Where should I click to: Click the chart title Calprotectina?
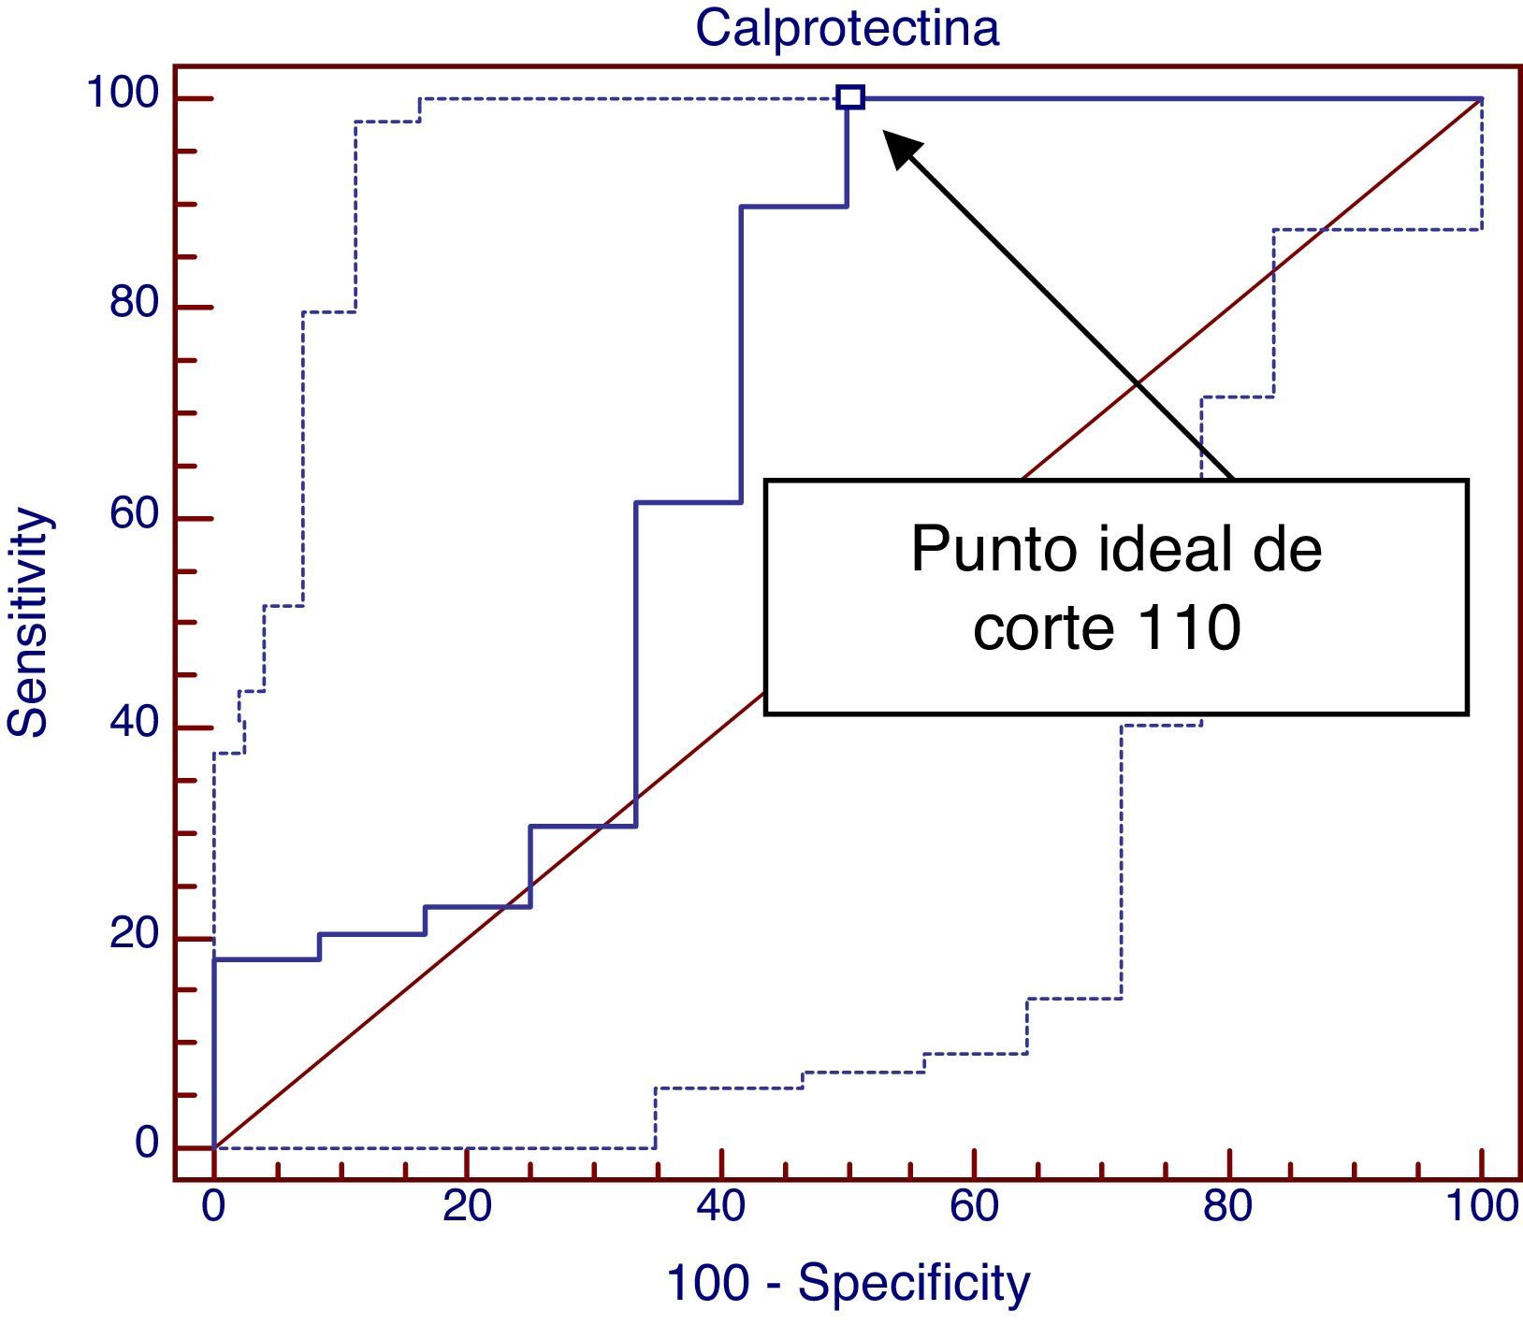[x=847, y=28]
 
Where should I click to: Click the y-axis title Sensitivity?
[x=28, y=622]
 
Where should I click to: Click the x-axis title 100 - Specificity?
[x=848, y=1283]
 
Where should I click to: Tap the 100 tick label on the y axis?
[x=123, y=94]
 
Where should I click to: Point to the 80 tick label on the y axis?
[x=135, y=304]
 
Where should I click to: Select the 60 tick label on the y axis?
[x=135, y=515]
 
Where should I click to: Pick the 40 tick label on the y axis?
[x=135, y=725]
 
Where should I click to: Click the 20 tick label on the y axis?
[x=135, y=934]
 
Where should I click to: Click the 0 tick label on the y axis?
[x=147, y=1144]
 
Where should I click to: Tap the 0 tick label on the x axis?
[x=213, y=1207]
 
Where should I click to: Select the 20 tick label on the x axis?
[x=467, y=1207]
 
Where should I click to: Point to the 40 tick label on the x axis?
[x=720, y=1207]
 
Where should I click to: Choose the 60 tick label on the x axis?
[x=974, y=1207]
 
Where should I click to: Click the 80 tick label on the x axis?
[x=1227, y=1207]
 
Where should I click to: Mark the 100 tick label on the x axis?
[x=1482, y=1207]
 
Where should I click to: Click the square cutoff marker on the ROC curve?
[x=850, y=97]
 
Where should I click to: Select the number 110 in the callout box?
[x=1189, y=627]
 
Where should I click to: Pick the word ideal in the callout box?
[x=1151, y=550]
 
